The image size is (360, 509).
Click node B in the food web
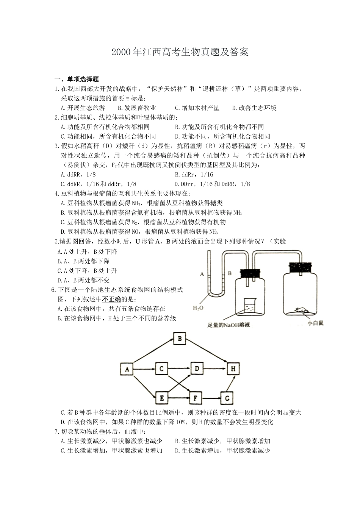180,339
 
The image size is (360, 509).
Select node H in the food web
233,368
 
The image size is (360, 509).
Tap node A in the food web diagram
127,368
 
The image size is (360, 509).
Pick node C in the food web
161,368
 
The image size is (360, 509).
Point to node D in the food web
197,368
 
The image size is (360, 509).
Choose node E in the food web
161,398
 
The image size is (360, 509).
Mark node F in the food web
195,398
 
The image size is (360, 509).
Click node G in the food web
227,398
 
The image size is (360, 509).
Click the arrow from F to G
211,398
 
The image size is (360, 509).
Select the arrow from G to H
229,383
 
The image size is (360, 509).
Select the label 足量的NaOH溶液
229,325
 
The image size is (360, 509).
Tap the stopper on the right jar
300,267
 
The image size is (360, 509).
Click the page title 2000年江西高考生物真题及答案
180,52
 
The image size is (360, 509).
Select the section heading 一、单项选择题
77,79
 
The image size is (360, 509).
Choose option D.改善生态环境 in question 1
254,108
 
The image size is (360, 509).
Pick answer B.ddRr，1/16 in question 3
194,175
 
